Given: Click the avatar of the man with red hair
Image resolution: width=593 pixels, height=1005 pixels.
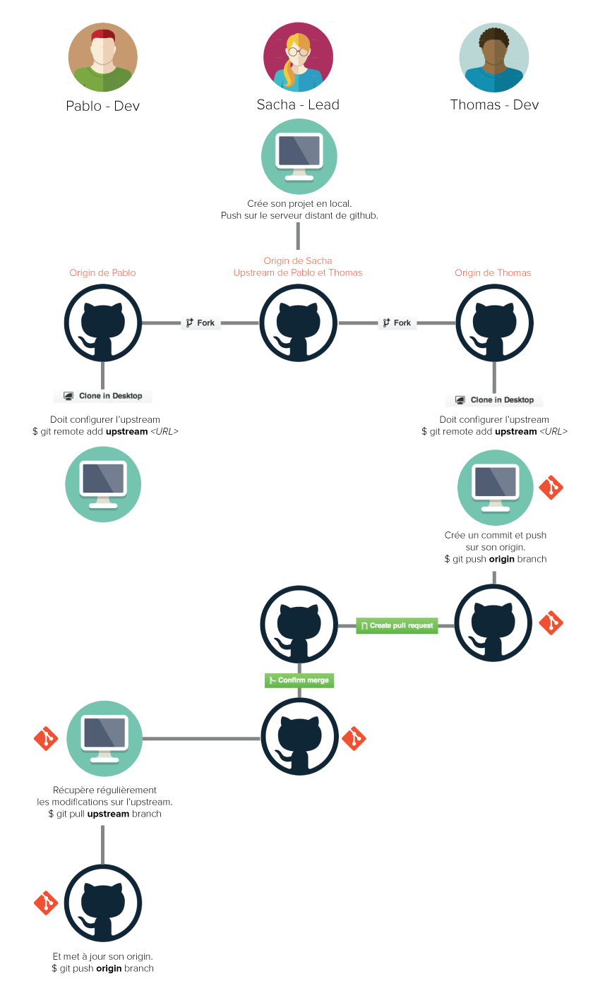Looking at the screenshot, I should [102, 58].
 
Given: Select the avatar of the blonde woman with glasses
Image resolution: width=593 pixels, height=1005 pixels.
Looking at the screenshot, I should [298, 57].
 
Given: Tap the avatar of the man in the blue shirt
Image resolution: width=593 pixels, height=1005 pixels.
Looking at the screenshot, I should [494, 57].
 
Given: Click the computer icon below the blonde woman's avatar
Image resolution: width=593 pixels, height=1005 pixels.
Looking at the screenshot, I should [299, 157].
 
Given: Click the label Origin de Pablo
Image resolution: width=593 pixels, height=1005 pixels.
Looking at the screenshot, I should [102, 272].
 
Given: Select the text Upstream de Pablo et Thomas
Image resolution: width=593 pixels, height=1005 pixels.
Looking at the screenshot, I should [298, 272].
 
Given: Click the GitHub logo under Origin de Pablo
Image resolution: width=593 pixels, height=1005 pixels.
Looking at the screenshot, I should [102, 323].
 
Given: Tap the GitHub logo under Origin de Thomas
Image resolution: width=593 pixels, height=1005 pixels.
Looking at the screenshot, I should [494, 323].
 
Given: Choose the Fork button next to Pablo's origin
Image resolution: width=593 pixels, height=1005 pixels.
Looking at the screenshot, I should [200, 323].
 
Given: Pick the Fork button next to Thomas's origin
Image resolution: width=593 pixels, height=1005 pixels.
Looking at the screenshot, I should [397, 323].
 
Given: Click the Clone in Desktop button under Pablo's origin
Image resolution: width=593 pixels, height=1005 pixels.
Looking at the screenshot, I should [103, 396].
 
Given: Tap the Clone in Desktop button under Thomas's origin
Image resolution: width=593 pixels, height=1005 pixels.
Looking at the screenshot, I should [494, 399].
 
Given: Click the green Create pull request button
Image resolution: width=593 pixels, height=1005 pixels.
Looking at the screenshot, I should [397, 626].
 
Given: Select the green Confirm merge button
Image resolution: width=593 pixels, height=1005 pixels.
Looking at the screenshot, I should [299, 680].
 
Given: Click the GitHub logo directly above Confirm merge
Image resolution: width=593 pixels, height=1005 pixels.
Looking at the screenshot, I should [299, 625].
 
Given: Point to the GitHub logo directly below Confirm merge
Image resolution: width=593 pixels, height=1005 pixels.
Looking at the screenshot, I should [299, 737].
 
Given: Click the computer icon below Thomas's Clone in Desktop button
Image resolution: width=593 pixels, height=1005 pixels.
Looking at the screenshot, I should [496, 488].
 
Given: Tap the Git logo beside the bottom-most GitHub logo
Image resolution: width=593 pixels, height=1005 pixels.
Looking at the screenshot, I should [46, 903].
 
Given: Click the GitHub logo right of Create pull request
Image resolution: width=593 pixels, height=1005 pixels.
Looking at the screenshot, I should [493, 623].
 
